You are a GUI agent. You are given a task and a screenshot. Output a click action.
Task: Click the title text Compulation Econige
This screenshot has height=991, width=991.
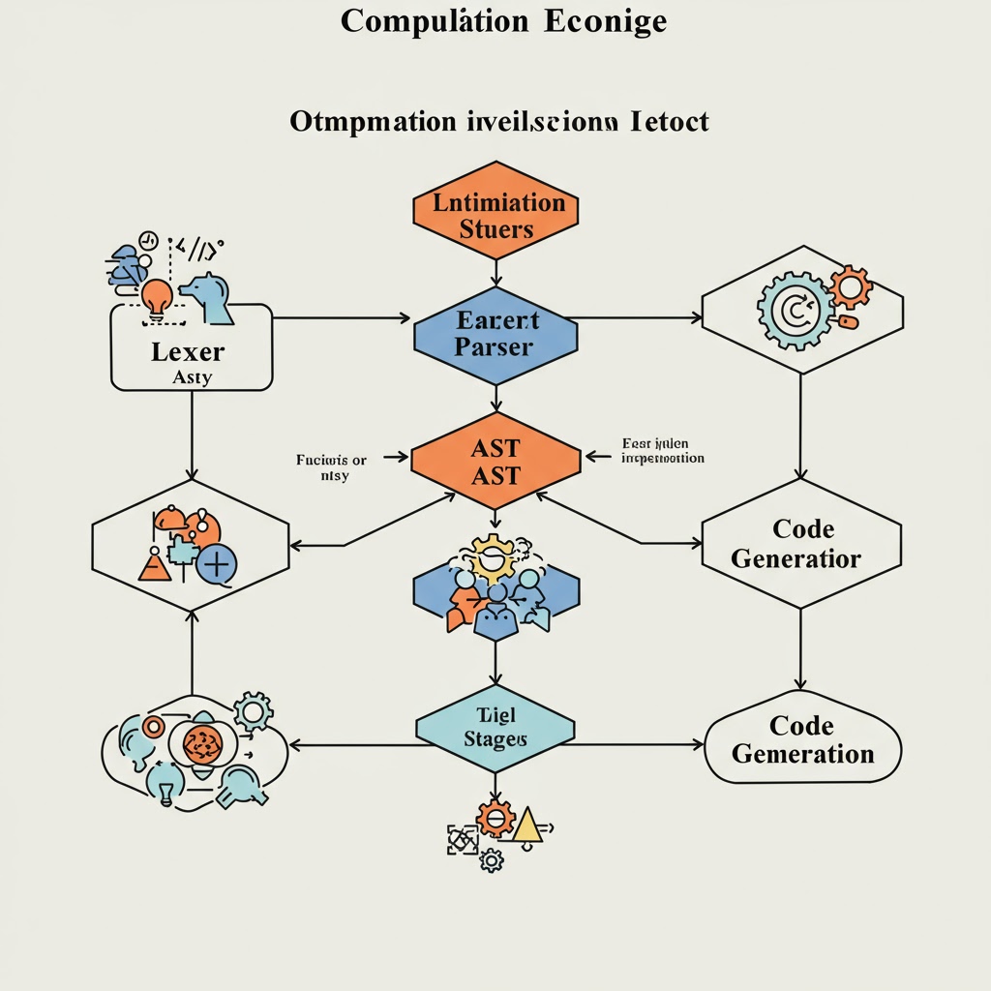[503, 21]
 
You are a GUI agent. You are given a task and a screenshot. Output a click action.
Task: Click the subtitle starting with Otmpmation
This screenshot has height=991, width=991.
[498, 122]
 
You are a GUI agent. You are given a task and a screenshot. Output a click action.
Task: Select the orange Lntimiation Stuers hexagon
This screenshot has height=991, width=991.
[495, 215]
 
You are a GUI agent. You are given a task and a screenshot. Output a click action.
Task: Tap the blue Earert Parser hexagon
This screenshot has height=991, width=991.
[495, 334]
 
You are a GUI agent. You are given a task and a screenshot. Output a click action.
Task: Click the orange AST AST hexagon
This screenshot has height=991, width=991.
[495, 462]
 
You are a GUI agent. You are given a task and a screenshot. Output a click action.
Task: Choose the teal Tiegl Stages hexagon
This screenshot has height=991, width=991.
[495, 727]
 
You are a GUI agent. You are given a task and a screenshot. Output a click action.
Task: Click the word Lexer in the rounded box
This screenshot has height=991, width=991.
[188, 351]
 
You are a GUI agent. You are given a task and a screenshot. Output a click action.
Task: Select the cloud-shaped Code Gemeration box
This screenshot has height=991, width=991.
[802, 740]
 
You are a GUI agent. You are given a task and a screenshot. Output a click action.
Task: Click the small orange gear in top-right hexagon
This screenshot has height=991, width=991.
[851, 286]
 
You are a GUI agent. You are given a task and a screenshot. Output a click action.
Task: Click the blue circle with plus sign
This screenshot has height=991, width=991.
[216, 563]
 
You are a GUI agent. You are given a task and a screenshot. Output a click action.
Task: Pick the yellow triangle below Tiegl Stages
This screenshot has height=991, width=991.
[526, 825]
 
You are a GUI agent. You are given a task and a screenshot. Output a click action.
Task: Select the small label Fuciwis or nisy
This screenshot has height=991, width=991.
[331, 468]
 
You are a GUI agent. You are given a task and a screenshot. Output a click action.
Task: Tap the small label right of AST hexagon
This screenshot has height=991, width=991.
[662, 451]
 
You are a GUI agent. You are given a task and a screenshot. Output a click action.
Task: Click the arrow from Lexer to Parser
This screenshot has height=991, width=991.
[339, 317]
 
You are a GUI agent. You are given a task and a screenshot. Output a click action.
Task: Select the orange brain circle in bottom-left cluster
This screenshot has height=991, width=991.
[202, 743]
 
